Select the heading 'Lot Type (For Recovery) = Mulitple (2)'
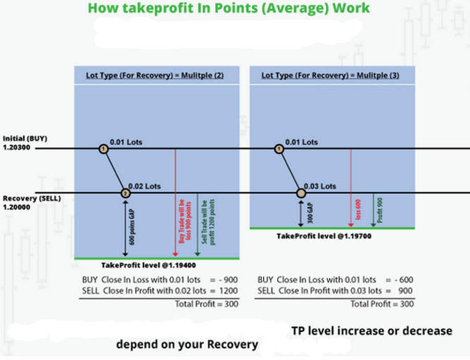[x=149, y=75]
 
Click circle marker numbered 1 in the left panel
[x=103, y=149]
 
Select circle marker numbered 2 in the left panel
[x=125, y=193]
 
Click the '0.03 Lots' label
[x=323, y=186]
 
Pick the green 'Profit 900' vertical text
[x=379, y=209]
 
